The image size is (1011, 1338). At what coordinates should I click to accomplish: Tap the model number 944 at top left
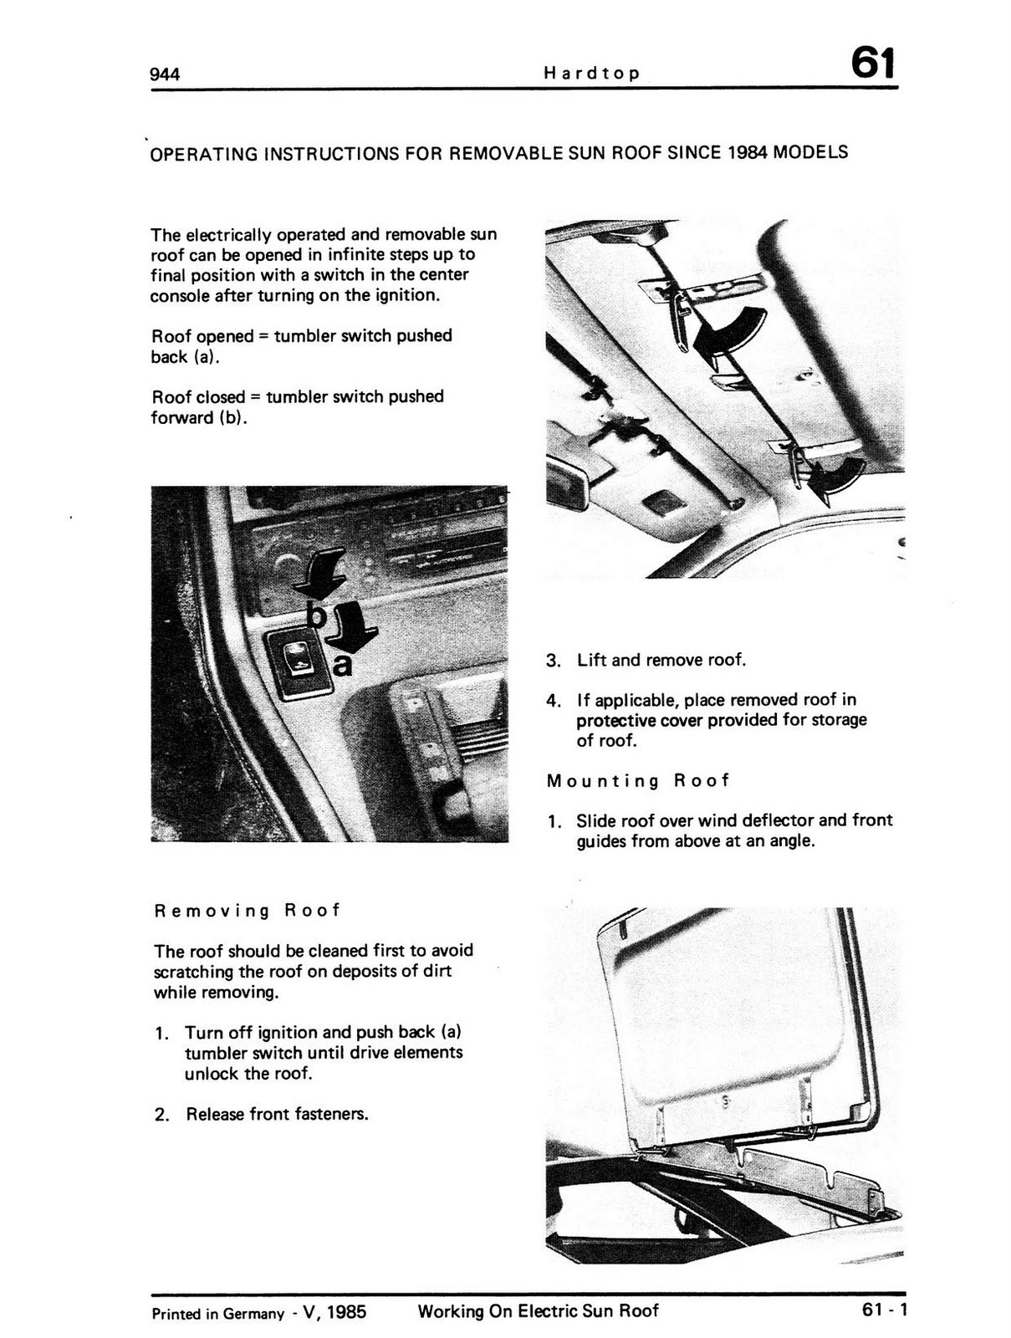click(x=165, y=74)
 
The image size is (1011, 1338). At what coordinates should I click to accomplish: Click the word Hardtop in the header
click(x=591, y=73)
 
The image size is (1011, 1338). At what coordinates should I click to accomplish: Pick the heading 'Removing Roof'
click(x=248, y=911)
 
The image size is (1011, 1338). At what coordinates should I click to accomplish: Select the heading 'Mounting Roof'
click(x=638, y=781)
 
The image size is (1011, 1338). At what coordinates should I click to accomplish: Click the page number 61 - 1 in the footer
click(x=884, y=1310)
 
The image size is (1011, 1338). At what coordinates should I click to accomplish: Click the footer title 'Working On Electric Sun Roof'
click(x=538, y=1311)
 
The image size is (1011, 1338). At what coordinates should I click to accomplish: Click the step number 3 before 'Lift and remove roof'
click(x=552, y=661)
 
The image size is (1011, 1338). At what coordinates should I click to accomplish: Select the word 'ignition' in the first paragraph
click(x=405, y=295)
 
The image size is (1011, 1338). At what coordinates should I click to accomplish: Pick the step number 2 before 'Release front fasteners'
click(x=161, y=1115)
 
